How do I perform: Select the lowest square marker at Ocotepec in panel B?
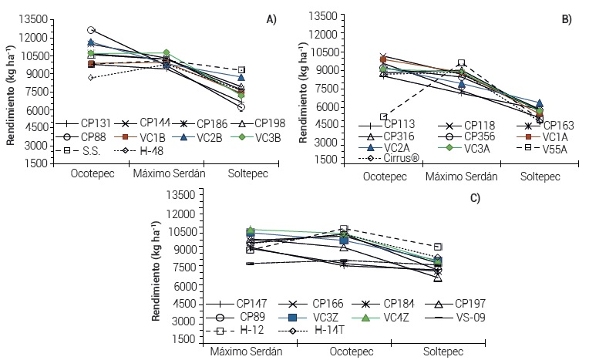point(383,116)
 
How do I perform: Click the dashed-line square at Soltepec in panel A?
point(242,70)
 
